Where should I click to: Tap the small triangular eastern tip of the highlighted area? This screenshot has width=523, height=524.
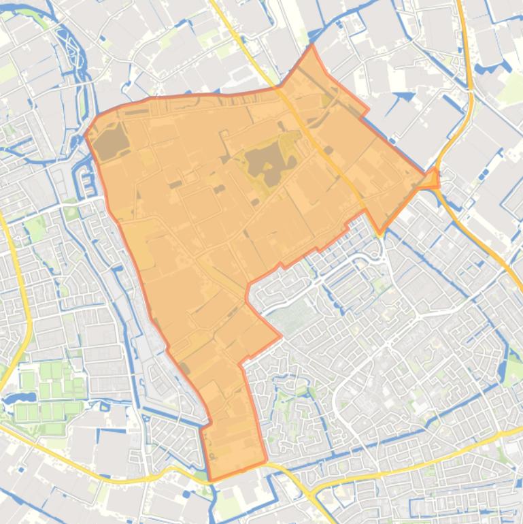(433, 178)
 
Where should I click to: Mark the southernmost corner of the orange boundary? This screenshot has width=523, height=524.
(212, 480)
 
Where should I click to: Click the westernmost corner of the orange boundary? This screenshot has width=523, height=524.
(86, 133)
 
